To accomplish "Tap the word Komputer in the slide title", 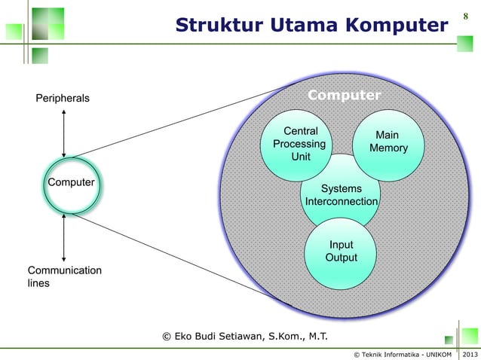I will [x=397, y=26].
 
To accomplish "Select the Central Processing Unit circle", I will [x=299, y=144].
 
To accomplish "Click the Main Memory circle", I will [x=388, y=142].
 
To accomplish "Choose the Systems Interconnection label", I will [x=342, y=195].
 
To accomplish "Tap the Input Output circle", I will [x=341, y=252].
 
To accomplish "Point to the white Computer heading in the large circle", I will [x=344, y=96].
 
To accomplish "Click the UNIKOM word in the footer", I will [x=435, y=354].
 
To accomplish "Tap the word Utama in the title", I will [x=300, y=26].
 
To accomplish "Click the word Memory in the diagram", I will [x=388, y=148].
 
